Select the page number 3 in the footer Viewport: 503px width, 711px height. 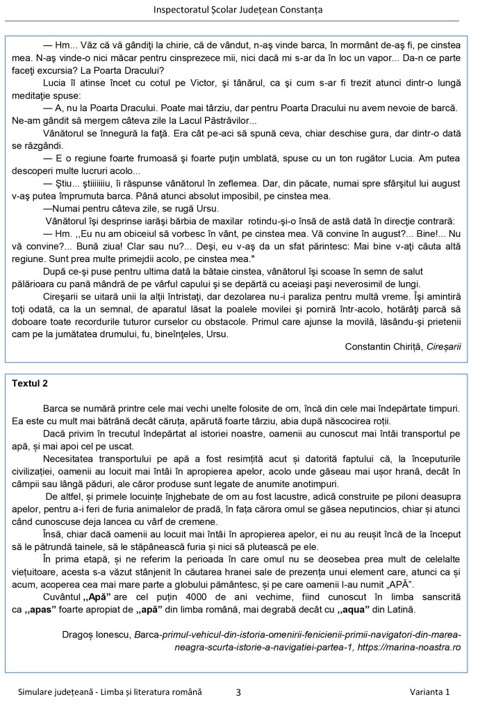tap(238, 692)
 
